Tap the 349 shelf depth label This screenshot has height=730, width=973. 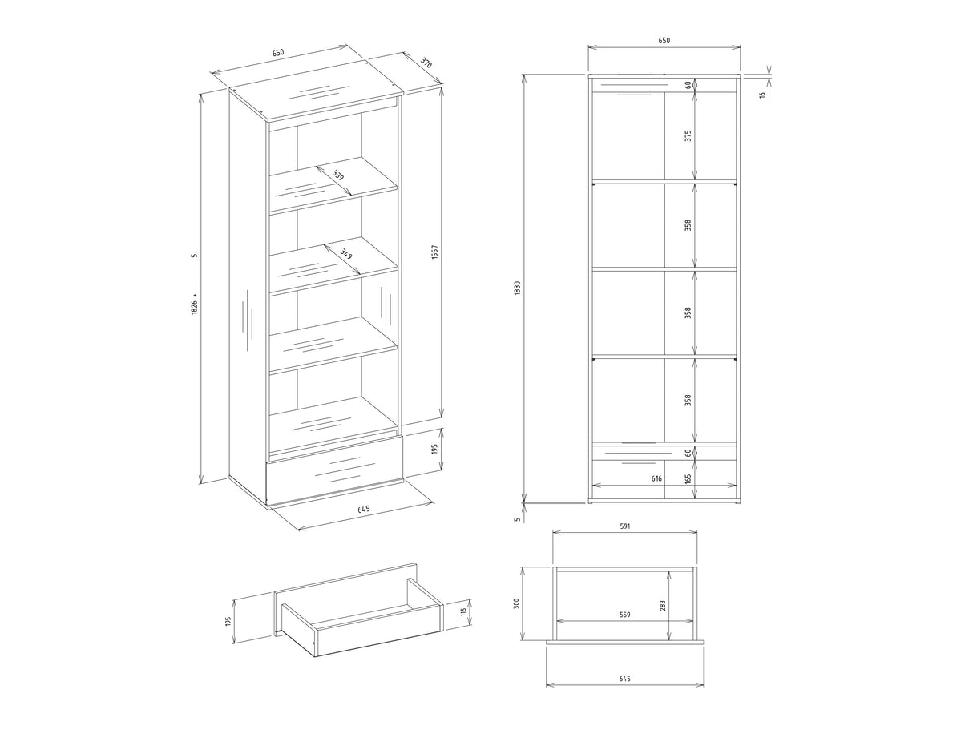coord(346,254)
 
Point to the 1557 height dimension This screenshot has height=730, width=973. coord(435,252)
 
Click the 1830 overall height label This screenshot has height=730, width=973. coord(517,288)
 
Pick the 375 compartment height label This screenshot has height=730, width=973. coord(688,135)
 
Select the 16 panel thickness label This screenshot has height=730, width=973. coord(762,95)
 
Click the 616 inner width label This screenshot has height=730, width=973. coord(656,478)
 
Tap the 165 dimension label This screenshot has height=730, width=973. coord(688,479)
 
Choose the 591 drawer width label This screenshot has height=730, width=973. coord(624,526)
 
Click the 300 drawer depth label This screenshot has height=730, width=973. coord(516,603)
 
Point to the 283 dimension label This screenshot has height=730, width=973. coord(663,606)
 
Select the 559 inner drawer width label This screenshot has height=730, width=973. coord(624,615)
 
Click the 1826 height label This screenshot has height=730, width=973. coord(194,305)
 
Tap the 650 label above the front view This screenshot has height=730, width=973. coord(664,40)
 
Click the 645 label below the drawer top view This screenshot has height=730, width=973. coord(624,691)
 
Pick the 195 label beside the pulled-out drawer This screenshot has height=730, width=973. coord(228,621)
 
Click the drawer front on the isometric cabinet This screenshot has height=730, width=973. coord(335,472)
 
